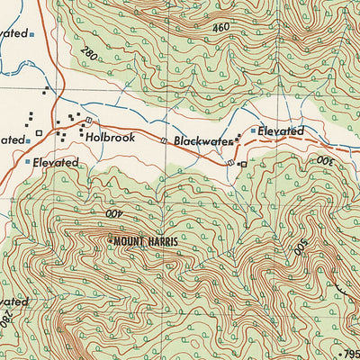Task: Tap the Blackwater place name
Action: [x=198, y=141]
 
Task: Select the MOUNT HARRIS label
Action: [x=145, y=240]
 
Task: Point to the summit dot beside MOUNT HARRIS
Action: [x=110, y=240]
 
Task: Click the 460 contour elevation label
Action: [x=220, y=29]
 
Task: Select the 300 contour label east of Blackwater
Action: [x=323, y=160]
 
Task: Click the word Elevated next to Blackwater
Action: [x=281, y=131]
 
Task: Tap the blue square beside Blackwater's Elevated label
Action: [x=251, y=132]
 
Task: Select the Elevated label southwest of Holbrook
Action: [x=56, y=163]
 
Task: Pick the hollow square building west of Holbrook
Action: [x=39, y=138]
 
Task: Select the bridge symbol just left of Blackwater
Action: [x=163, y=141]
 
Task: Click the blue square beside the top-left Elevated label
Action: [x=32, y=34]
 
